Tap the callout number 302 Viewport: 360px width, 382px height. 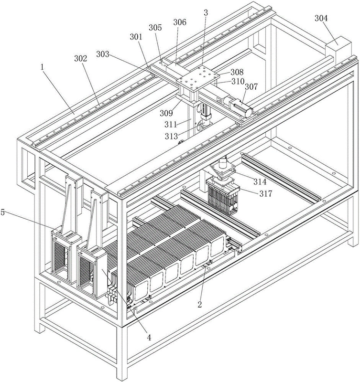(80, 59)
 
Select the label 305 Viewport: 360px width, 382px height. (155, 28)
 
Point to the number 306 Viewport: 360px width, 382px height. (180, 22)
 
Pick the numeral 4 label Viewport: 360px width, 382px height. (149, 337)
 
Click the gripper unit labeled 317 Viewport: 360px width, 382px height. (222, 196)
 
